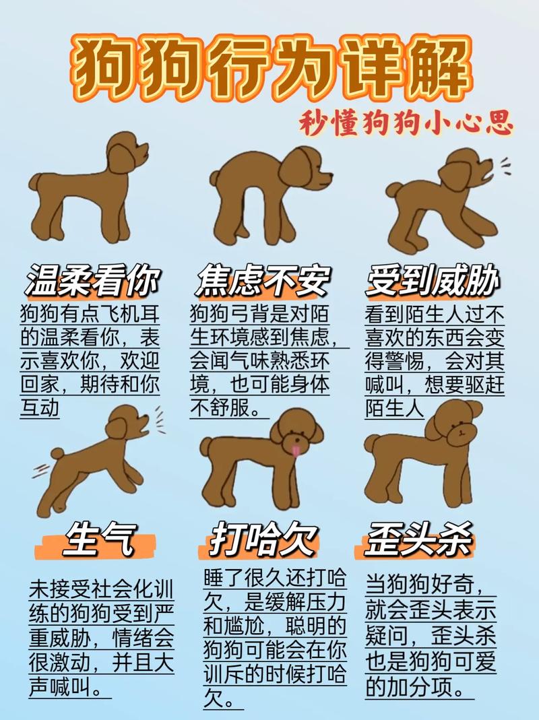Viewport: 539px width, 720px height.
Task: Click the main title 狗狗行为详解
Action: (x=269, y=67)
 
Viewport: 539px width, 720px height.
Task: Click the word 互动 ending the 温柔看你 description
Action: (x=40, y=407)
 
